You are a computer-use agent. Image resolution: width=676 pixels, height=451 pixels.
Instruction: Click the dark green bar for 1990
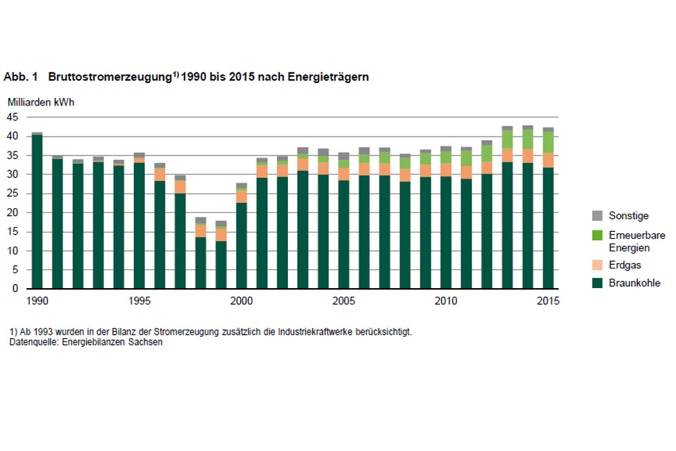click(x=37, y=213)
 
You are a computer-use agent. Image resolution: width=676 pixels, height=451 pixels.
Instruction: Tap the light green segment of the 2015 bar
click(x=548, y=142)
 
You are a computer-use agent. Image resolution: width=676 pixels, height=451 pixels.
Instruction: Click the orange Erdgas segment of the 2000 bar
click(x=241, y=196)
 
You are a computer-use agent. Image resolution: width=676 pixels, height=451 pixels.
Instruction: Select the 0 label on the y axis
click(x=15, y=289)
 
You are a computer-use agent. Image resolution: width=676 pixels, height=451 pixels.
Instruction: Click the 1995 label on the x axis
click(x=139, y=300)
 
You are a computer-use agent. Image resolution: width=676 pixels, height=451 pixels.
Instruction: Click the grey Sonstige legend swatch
click(x=597, y=216)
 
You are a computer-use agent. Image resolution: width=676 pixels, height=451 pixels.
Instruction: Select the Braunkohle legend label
click(x=635, y=283)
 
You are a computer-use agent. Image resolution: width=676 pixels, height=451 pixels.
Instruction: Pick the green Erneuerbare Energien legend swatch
click(x=597, y=235)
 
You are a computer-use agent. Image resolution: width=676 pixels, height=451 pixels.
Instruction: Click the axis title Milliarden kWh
click(x=41, y=103)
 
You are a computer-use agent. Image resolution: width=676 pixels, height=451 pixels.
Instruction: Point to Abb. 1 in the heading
click(x=20, y=78)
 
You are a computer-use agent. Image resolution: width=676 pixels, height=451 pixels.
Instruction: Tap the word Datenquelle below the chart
click(x=31, y=342)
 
